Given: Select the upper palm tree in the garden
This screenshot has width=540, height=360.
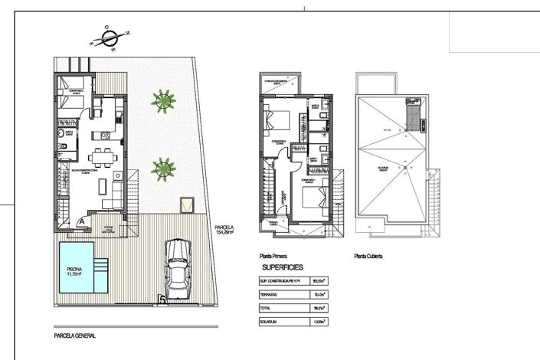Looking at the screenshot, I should (162, 100).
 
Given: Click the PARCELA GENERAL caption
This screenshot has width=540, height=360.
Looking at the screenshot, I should (75, 335).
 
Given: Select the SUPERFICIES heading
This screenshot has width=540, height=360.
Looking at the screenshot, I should (283, 267).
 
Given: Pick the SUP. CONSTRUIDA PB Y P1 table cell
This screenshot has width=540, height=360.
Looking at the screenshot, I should (284, 281).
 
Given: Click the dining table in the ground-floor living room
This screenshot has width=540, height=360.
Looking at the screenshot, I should (101, 159).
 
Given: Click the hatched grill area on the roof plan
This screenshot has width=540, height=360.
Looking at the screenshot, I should (414, 116).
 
